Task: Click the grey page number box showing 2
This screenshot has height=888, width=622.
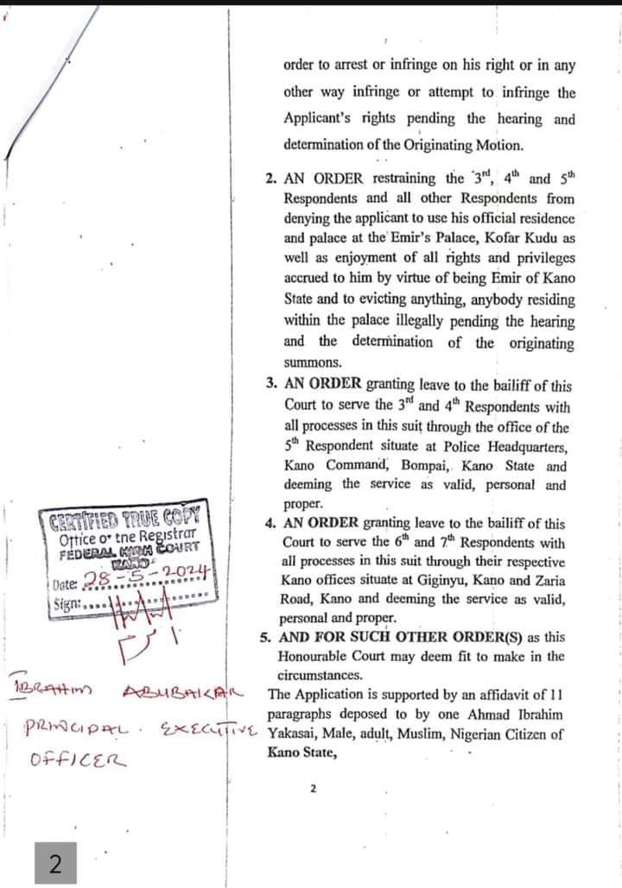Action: pyautogui.click(x=54, y=864)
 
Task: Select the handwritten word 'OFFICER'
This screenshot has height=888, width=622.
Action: pyautogui.click(x=79, y=760)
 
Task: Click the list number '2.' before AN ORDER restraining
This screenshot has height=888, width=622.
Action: pyautogui.click(x=271, y=179)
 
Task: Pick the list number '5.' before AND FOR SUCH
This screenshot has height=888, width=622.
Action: pyautogui.click(x=265, y=638)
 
